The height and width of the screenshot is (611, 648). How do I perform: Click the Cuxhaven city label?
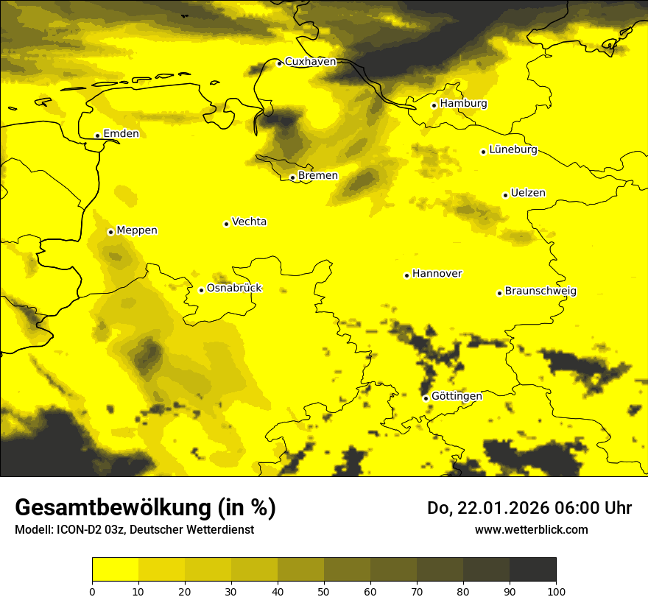pos(310,62)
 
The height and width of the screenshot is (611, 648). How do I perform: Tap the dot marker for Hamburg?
pos(434,105)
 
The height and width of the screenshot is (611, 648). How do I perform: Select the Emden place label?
pos(121,134)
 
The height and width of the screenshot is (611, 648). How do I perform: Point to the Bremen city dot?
pos(292,177)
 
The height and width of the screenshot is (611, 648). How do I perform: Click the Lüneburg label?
pos(513,150)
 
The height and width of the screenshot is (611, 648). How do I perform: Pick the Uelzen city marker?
pos(505,195)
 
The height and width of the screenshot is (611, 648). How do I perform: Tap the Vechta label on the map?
pos(249,222)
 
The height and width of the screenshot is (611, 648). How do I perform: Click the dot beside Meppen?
pos(110,232)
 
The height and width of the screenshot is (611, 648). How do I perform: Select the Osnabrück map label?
pos(234,289)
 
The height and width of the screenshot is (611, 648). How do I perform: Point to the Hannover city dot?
pos(406,275)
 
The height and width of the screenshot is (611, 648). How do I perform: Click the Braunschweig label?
pos(540,292)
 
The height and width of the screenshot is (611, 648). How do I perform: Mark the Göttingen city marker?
pos(426,398)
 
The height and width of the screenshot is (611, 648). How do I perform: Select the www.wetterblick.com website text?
pos(531,529)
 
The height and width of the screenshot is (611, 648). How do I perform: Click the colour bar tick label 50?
pos(324,591)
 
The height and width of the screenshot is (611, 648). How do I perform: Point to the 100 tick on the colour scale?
pos(555,591)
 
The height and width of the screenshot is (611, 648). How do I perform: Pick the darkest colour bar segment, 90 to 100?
pos(532,570)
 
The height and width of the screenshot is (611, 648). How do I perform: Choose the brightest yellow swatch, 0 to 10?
pos(116,570)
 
